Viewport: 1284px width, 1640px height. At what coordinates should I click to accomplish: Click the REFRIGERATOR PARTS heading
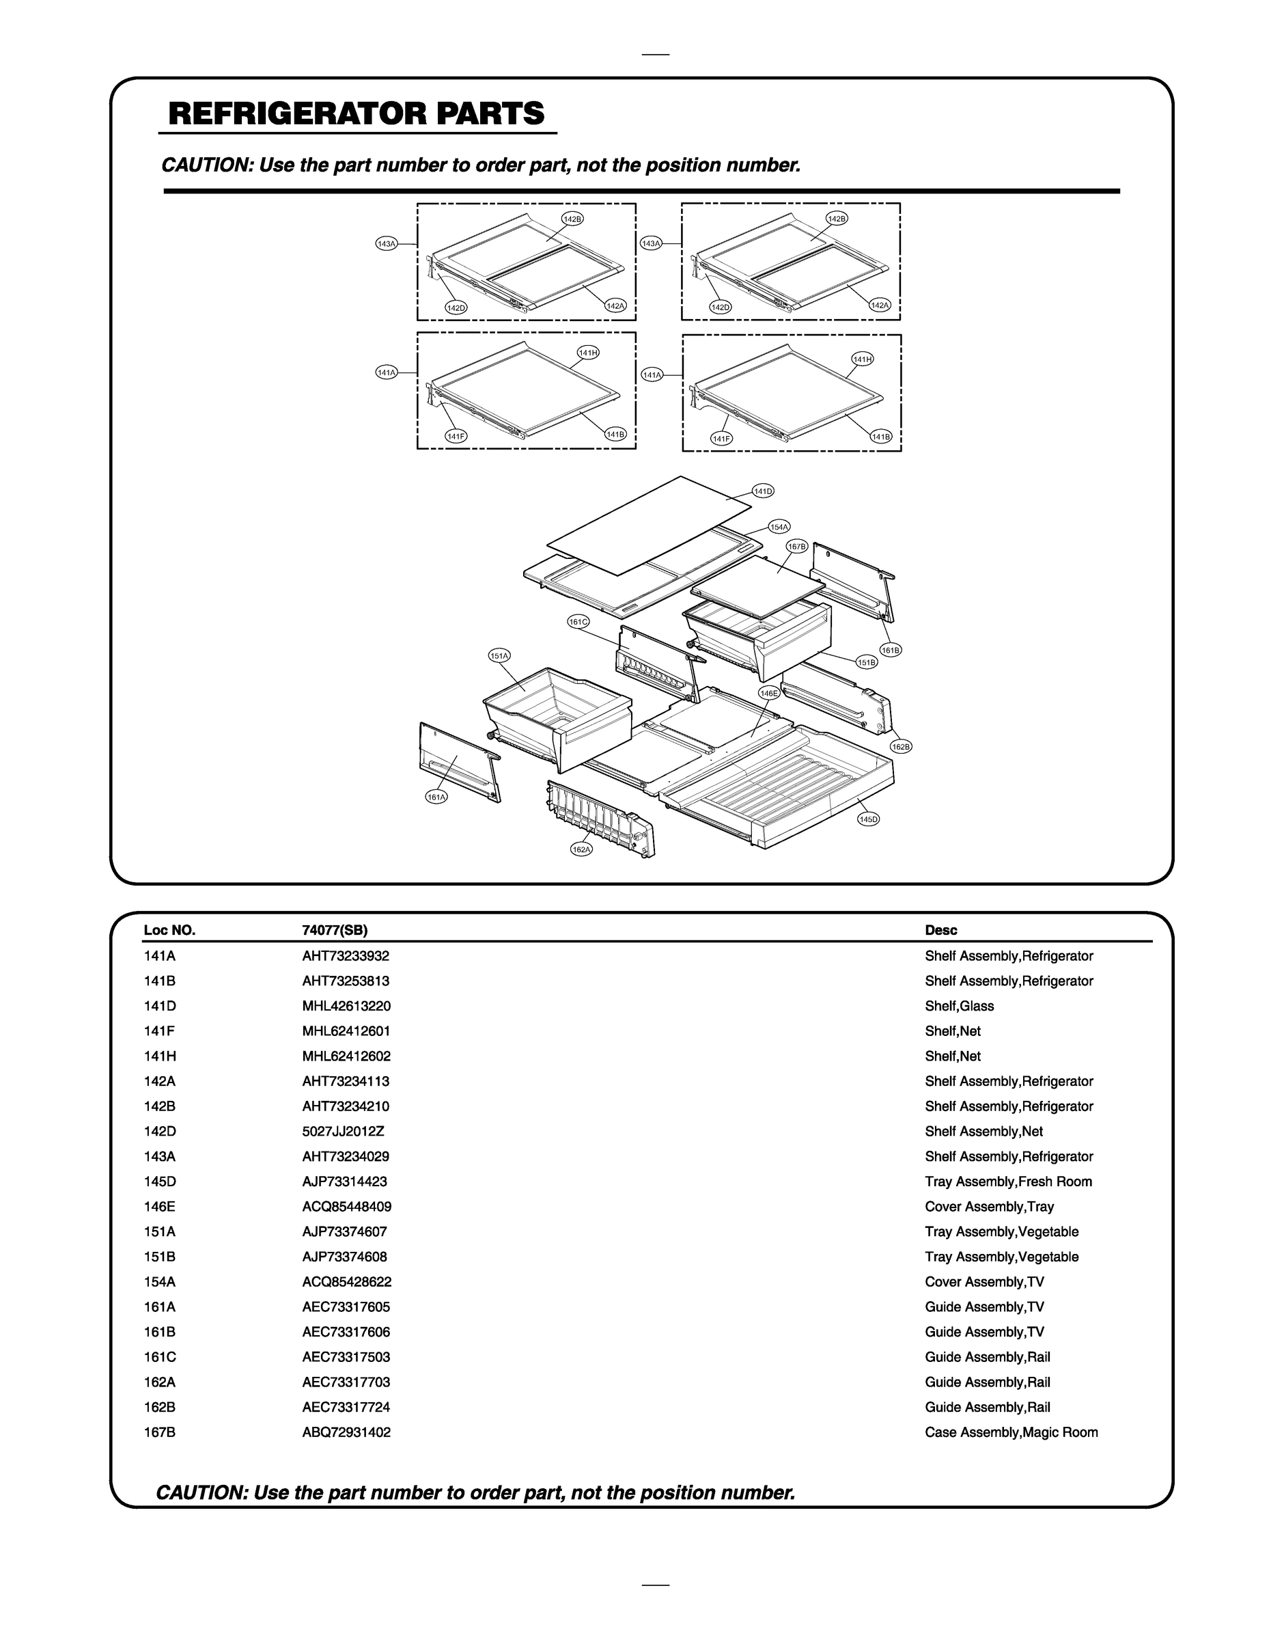357,113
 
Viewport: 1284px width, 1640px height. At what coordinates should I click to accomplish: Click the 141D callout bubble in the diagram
762,491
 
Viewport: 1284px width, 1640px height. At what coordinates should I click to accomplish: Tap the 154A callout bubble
779,527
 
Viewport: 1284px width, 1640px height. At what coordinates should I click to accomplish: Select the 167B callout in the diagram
796,547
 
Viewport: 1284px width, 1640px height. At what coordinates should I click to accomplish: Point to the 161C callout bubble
578,622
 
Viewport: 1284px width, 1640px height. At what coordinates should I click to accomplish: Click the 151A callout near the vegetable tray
499,656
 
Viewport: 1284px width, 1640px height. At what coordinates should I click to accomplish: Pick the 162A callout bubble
581,849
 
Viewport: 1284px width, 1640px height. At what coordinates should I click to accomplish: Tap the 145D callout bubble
868,819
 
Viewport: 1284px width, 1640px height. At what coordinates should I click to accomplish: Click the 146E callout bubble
768,694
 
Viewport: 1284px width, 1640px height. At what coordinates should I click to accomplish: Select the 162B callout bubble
901,747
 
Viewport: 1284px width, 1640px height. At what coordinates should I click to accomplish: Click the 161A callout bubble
436,797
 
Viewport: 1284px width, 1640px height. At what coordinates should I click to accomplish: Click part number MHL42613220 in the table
346,1006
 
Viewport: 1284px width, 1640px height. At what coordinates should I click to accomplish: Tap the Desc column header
940,930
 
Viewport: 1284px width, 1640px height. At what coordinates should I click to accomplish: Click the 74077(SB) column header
335,930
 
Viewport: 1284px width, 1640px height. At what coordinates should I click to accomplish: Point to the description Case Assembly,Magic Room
1011,1432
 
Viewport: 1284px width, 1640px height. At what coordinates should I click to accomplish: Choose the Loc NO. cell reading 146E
159,1206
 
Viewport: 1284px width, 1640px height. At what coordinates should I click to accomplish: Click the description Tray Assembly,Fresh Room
1008,1181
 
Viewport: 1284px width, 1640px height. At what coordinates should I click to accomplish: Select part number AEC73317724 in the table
346,1407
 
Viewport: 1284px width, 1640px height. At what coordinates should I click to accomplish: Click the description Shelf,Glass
959,1006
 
